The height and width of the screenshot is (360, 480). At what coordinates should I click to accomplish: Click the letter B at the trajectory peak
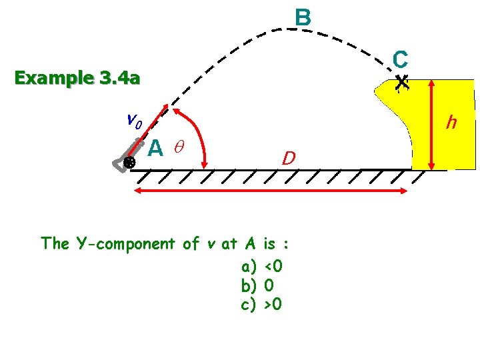tap(303, 18)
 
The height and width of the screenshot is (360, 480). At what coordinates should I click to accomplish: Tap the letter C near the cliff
tap(400, 59)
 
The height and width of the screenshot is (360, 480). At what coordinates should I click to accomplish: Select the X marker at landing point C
tap(401, 83)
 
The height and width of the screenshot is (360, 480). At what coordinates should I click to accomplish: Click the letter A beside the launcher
tap(155, 147)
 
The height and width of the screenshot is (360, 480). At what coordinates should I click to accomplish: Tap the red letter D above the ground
tap(288, 158)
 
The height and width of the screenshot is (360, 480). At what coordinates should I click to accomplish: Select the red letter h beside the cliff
tap(452, 122)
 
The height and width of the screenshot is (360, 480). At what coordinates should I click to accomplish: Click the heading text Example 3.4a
tap(77, 79)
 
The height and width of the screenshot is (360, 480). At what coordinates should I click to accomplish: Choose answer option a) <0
tap(263, 267)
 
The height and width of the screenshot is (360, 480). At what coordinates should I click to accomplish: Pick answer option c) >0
tap(263, 306)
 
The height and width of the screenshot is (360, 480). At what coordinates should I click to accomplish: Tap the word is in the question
tap(270, 243)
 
